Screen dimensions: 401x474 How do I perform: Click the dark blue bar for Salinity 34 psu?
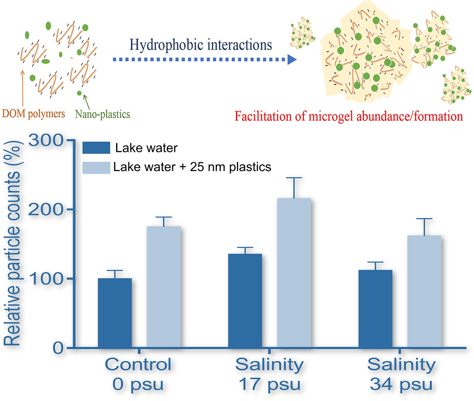(x=376, y=309)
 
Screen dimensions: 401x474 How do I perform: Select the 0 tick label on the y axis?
(x=58, y=348)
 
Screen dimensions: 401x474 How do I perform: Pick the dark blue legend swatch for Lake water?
(x=96, y=148)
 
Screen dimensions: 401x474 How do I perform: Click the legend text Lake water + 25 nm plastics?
(x=192, y=167)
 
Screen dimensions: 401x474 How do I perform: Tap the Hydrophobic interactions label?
(x=201, y=45)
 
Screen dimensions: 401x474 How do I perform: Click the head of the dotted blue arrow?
(x=292, y=60)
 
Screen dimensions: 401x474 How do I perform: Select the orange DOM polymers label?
(x=34, y=113)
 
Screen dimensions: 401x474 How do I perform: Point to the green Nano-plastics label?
(x=102, y=114)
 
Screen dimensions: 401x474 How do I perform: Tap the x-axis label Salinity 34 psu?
(x=401, y=374)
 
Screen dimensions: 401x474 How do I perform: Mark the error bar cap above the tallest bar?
(x=294, y=178)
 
